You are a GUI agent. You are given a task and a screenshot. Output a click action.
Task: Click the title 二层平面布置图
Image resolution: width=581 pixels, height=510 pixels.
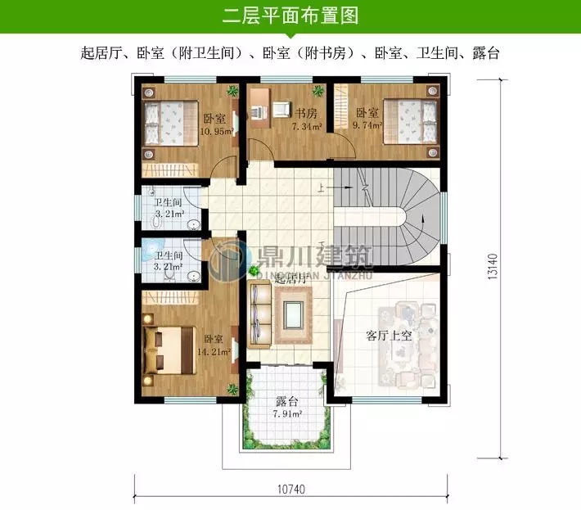[x=290, y=16]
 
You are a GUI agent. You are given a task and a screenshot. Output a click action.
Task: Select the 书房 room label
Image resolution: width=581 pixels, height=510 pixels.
[x=306, y=114]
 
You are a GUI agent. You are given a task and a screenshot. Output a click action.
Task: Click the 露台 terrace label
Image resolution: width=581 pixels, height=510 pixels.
[x=286, y=401]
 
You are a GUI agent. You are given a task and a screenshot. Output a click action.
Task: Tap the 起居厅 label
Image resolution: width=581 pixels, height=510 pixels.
[x=292, y=279]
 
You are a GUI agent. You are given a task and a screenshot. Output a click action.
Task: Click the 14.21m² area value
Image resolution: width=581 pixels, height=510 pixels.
[x=214, y=353]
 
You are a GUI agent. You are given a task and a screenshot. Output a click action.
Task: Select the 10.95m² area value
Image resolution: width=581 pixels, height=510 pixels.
[x=218, y=130]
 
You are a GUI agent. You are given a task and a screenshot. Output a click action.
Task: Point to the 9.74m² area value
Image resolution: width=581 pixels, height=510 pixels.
[x=367, y=126]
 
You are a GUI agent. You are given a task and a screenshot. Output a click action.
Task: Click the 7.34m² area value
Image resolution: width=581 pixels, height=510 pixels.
[x=307, y=127]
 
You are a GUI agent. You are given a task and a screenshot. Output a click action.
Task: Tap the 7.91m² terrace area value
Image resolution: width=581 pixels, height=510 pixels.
[x=287, y=414]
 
